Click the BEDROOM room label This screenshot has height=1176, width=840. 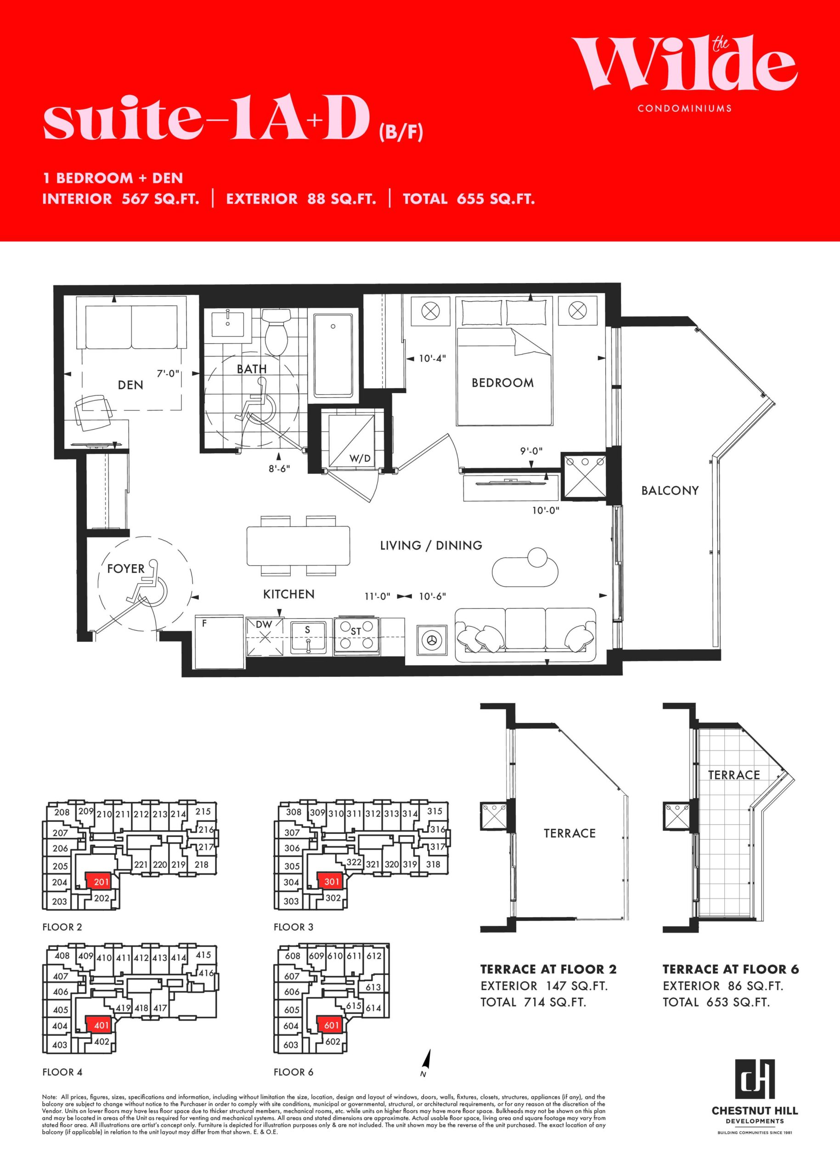(x=502, y=383)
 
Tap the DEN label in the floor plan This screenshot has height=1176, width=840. (x=130, y=385)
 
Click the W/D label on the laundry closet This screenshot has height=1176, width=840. (x=360, y=458)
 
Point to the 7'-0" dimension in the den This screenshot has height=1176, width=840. (x=168, y=373)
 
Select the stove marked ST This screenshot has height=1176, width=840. (x=356, y=635)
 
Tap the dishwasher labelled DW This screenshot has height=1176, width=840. (x=265, y=636)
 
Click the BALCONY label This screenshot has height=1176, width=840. (x=670, y=491)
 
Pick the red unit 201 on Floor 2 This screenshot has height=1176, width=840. (x=101, y=882)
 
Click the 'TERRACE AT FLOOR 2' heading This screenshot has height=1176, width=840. (x=548, y=969)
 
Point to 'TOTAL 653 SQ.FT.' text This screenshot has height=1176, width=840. (x=716, y=1002)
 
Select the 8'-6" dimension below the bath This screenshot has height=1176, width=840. (x=279, y=469)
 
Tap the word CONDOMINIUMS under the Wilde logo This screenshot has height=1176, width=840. (x=685, y=109)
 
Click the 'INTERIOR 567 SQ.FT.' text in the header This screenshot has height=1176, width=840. (x=120, y=199)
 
